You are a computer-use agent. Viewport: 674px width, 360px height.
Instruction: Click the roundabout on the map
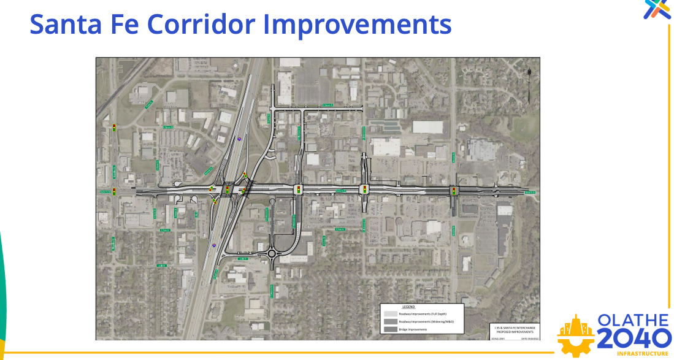271,253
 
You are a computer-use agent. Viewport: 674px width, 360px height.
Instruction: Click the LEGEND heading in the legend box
408,307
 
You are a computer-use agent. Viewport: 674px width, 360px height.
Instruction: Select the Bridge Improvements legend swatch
390,329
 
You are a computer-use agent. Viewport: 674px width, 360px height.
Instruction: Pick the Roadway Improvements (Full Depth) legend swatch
390,313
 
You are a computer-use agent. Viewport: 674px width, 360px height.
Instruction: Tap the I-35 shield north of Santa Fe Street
240,139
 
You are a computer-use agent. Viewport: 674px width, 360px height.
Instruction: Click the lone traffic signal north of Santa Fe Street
114,128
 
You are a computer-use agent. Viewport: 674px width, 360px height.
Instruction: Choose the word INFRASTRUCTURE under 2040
642,354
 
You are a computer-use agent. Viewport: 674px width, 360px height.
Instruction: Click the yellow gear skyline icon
575,336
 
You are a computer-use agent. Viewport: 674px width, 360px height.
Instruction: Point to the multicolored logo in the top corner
657,9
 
